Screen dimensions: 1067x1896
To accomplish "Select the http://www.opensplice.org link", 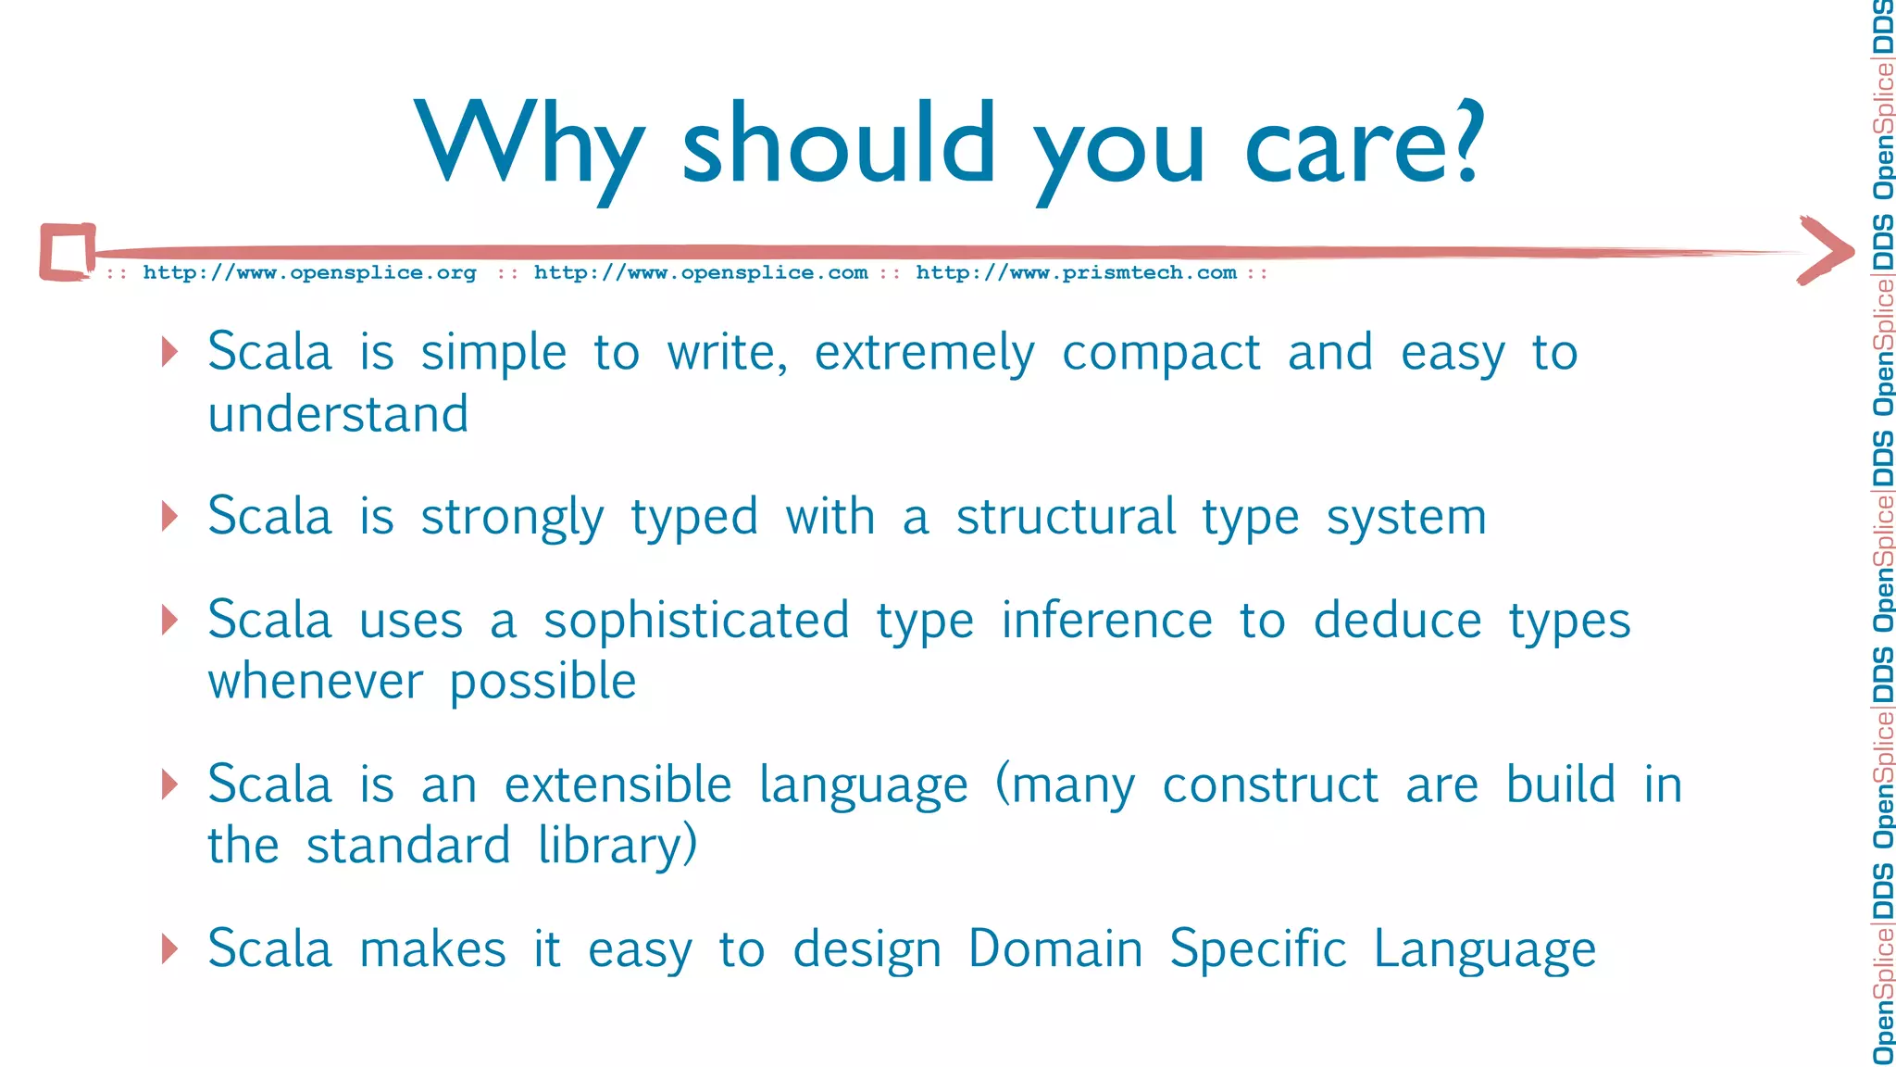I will click(x=309, y=272).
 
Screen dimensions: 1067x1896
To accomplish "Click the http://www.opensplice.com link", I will click(x=701, y=272).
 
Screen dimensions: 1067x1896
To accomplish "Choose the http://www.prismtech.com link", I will click(x=1076, y=272).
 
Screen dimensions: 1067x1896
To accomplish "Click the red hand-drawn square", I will click(x=68, y=251).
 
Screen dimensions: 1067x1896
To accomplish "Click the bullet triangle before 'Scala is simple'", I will click(x=169, y=352).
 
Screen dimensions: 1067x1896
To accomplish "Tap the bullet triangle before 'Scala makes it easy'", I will click(x=169, y=948).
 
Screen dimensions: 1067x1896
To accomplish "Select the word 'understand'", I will click(x=338, y=413).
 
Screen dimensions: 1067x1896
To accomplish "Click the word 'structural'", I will click(x=1066, y=516).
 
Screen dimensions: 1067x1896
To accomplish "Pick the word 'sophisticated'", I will click(x=696, y=621).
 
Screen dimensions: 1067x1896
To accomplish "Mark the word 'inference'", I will click(x=1106, y=621).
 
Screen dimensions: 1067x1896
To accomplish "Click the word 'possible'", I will click(x=543, y=683).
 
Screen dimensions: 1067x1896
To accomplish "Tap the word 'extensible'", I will click(x=617, y=785).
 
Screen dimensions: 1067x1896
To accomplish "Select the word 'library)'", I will click(x=617, y=847).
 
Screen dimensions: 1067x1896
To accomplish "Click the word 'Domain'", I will click(x=1055, y=948).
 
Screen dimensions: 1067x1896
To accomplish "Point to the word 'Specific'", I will click(x=1257, y=948).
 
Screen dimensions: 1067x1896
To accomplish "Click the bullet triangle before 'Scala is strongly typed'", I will click(x=169, y=516).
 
